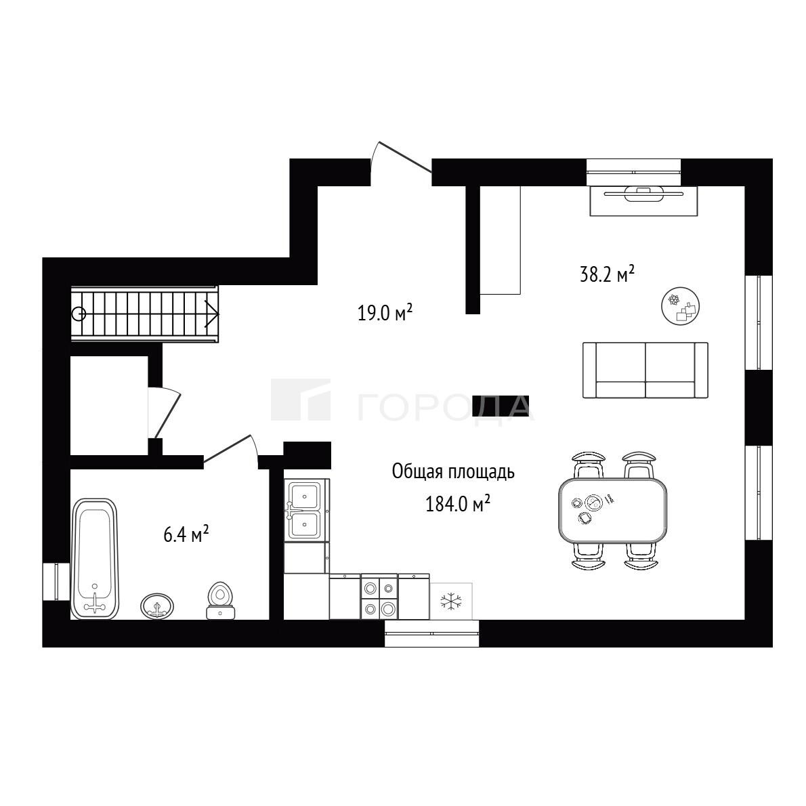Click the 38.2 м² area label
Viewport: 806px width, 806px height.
click(x=607, y=274)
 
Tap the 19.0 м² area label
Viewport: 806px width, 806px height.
click(x=385, y=312)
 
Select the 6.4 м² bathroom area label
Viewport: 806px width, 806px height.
click(x=186, y=534)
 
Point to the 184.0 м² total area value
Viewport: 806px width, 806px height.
click(x=457, y=504)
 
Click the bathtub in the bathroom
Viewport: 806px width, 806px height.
click(x=95, y=559)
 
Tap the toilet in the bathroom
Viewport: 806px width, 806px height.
click(x=221, y=600)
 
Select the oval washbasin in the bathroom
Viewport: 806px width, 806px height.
click(x=156, y=607)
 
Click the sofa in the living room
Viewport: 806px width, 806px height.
click(x=645, y=370)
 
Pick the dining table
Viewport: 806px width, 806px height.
click(x=613, y=510)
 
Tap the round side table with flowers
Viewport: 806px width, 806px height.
click(x=681, y=306)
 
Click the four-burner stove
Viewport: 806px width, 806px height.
click(x=379, y=597)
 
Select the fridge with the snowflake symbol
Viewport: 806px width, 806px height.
click(x=451, y=601)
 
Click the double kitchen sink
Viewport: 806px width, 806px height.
click(x=305, y=510)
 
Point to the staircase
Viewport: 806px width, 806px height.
click(x=144, y=314)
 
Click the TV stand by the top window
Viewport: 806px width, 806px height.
click(x=643, y=200)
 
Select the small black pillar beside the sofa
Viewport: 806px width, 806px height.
click(x=501, y=406)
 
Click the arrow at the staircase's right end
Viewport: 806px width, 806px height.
click(x=213, y=314)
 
